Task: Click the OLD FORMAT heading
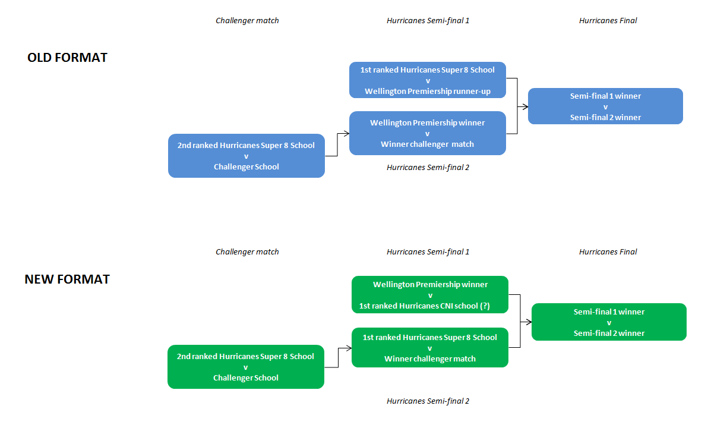tap(67, 58)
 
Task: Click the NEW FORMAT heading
tap(67, 279)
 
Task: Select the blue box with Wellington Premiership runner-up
tap(427, 80)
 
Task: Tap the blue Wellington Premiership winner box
tap(427, 133)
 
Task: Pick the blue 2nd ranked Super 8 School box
tap(246, 156)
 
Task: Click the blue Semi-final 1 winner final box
tap(605, 106)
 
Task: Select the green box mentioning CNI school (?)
tap(430, 295)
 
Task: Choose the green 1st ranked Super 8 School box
tap(430, 348)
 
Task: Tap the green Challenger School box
tap(245, 367)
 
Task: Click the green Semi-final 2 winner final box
tap(609, 322)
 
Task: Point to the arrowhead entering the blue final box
tap(525, 106)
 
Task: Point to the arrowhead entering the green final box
tap(529, 322)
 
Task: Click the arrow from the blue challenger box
tap(337, 145)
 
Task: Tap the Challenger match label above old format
tap(247, 21)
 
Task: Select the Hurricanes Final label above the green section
tap(608, 252)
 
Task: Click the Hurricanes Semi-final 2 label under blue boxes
tap(428, 168)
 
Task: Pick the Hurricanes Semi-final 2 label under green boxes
tap(428, 401)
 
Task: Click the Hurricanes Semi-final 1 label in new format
tap(428, 252)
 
